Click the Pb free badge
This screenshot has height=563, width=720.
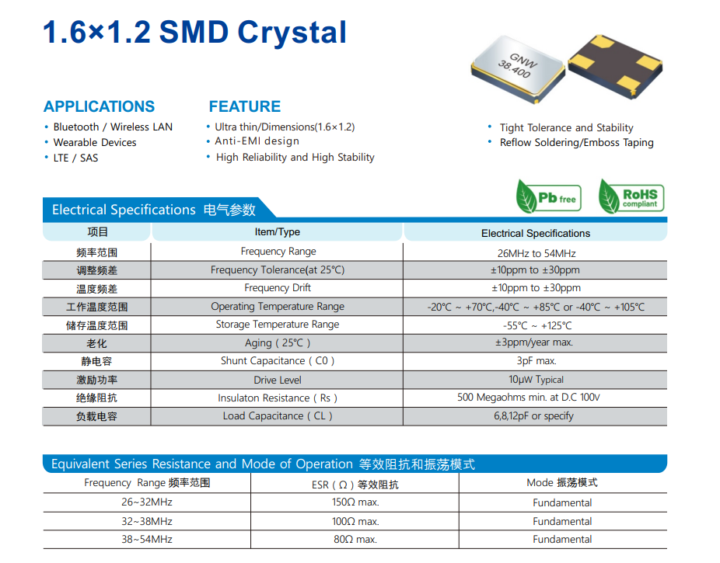[549, 196]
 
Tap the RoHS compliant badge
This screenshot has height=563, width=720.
[631, 196]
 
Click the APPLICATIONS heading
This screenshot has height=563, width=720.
[100, 106]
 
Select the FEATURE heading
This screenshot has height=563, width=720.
[245, 106]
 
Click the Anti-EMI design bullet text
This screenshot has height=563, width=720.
[257, 141]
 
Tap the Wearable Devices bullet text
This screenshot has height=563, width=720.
[95, 143]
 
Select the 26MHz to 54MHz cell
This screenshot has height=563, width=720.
[537, 253]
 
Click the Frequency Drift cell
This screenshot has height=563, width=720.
[278, 288]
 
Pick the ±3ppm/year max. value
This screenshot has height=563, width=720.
[534, 342]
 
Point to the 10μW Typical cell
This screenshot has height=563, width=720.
[536, 380]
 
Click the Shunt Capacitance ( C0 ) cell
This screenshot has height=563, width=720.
[278, 361]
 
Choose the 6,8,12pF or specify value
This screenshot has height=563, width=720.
[533, 415]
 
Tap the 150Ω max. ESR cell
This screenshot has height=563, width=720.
[355, 502]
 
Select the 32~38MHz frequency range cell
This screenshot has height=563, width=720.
[147, 521]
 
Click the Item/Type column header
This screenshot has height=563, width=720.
[278, 232]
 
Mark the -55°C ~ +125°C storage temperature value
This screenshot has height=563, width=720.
[537, 326]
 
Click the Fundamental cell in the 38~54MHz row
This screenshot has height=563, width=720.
[562, 540]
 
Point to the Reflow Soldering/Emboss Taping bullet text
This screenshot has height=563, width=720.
[577, 143]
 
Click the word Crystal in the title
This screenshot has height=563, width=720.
[292, 33]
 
